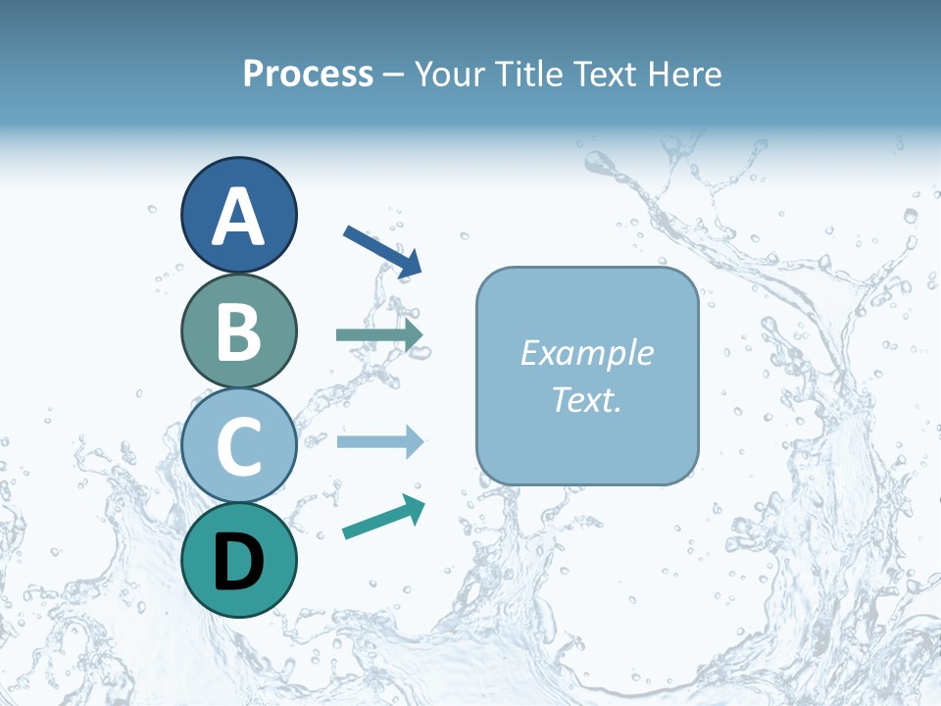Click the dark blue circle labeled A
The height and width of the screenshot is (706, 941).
(238, 215)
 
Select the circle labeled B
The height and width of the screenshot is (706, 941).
(238, 330)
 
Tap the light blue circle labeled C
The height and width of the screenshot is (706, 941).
(238, 445)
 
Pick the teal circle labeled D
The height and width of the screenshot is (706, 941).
(238, 560)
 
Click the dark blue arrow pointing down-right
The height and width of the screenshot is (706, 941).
(381, 250)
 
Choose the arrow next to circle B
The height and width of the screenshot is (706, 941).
(379, 334)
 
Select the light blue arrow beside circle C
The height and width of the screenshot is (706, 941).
(379, 441)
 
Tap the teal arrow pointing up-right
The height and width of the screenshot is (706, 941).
(383, 517)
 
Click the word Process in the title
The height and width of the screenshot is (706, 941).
(308, 74)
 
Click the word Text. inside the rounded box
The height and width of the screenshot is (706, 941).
(586, 399)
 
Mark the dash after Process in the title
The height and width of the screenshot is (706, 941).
(394, 76)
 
